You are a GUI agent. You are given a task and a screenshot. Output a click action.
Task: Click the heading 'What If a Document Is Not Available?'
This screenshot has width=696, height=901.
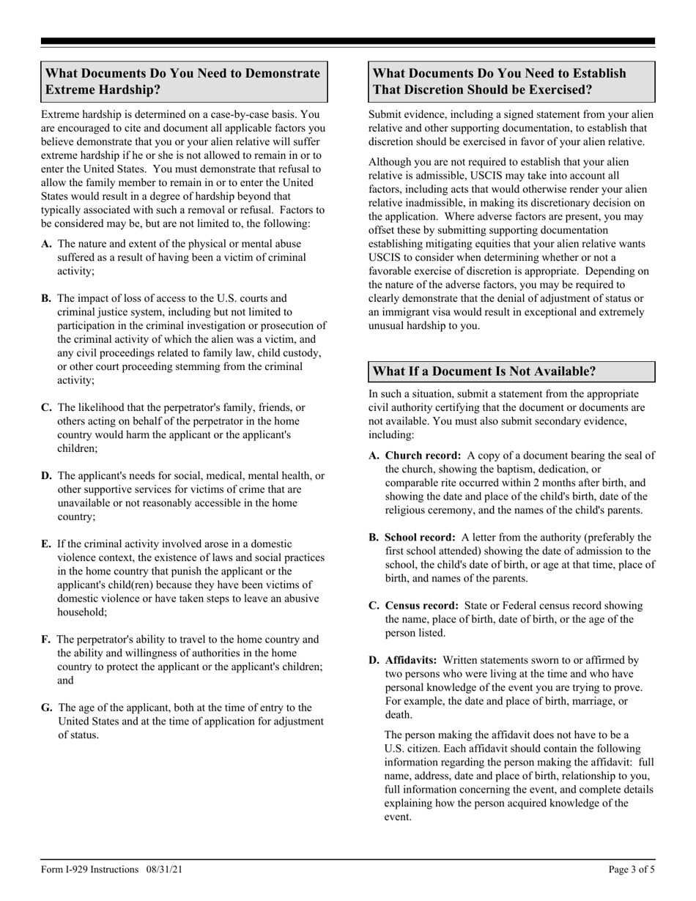tap(484, 371)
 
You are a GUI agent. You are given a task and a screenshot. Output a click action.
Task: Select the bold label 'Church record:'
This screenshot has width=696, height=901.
tap(423, 456)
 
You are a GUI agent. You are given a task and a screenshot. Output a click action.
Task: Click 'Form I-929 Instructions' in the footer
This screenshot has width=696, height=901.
tap(89, 870)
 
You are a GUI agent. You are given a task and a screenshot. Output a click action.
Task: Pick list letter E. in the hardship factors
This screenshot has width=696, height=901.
tap(46, 544)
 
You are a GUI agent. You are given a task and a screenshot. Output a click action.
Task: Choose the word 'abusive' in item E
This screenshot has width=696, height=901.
tap(302, 598)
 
